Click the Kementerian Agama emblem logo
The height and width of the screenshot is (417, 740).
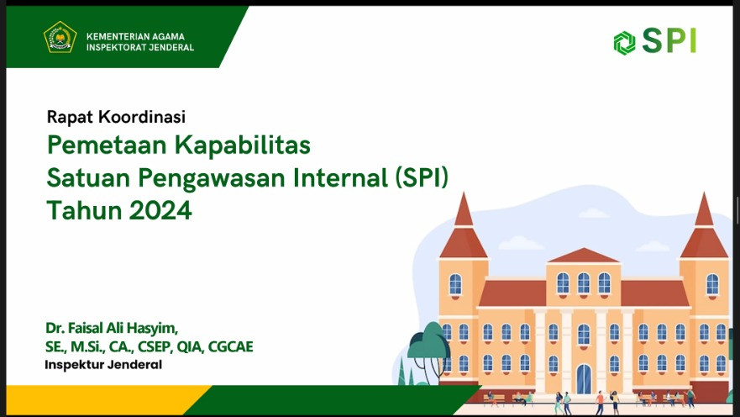pos(60,37)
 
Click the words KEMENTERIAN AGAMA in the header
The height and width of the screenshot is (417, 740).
pos(135,36)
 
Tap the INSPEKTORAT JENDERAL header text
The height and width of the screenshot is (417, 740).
pos(140,47)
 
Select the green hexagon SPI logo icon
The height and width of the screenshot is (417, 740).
pos(624,43)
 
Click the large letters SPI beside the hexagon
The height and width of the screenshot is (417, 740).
pos(669,40)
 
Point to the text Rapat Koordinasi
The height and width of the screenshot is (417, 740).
pos(116,117)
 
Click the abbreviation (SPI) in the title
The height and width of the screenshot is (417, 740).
pos(422,178)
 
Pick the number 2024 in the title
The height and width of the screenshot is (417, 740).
pos(160,210)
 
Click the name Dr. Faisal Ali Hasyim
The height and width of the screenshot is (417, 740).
pos(112,328)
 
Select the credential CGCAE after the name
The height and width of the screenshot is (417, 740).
pos(230,346)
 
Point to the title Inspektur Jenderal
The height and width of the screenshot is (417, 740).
pos(103,365)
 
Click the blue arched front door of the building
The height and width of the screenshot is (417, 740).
pos(584,379)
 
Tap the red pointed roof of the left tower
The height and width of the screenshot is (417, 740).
pos(464,226)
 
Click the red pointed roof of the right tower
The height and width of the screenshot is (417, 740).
pos(704,226)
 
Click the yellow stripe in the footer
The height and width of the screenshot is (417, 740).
pos(106,399)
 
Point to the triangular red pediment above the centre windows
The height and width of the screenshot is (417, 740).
pos(584,256)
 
